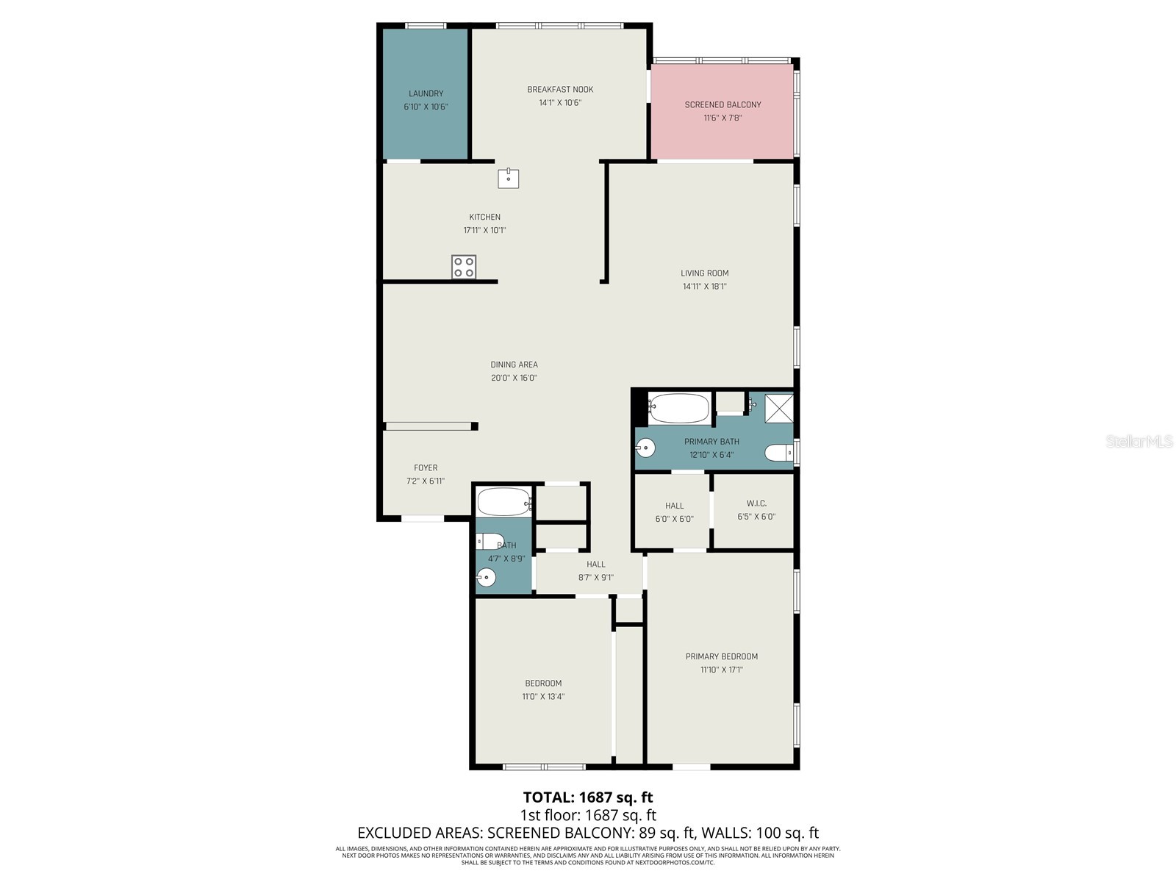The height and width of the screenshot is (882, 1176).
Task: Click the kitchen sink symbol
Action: pos(508,178)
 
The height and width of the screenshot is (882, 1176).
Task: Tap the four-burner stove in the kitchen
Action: pos(464,267)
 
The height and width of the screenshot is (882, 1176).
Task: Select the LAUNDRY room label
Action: pos(426,93)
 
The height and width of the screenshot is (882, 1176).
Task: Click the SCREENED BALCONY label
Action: pos(723,104)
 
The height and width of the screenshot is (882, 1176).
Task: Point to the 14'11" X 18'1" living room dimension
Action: pos(704,287)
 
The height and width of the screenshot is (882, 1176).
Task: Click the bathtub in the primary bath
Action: pos(680,408)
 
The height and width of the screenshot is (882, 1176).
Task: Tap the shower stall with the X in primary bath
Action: pos(779,408)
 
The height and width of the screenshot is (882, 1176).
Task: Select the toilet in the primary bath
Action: pos(778,453)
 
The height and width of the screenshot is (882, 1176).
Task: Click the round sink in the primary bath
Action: pos(645,447)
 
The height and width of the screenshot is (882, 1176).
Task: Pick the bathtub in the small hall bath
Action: pos(503,503)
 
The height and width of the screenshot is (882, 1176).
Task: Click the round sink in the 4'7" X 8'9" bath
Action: pos(486,578)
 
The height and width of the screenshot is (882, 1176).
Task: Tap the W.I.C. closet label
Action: pos(756,503)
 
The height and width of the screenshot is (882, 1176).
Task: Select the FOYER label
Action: pos(426,467)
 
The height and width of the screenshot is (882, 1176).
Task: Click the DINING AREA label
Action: pos(514,365)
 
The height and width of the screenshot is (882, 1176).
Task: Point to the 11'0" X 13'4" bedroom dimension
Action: pos(543,697)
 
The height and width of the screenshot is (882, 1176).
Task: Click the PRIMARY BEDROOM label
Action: pos(721,656)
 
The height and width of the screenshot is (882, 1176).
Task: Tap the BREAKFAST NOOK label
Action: pos(560,90)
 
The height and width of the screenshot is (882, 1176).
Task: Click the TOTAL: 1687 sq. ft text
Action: pos(587,797)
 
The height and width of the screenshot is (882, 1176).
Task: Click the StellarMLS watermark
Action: pos(1139,442)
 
